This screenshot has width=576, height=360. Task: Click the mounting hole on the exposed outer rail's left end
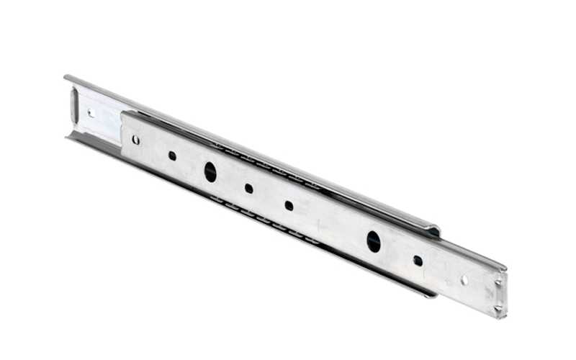point(91,112)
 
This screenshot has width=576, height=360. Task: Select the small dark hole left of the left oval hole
point(172,155)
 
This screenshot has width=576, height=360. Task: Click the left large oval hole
point(210,171)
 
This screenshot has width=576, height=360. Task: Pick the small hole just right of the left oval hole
point(248,188)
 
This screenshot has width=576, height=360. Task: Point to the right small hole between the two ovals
point(289,205)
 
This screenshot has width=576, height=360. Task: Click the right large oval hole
point(373,241)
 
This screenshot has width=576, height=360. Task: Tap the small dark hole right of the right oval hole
point(418,260)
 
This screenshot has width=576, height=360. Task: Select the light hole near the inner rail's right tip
point(464,280)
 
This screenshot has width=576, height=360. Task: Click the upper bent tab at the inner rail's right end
point(501,274)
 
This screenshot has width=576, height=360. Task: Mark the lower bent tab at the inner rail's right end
point(498,310)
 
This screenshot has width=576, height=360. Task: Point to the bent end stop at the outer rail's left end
point(74,104)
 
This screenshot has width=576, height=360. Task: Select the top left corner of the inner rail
point(122,114)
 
